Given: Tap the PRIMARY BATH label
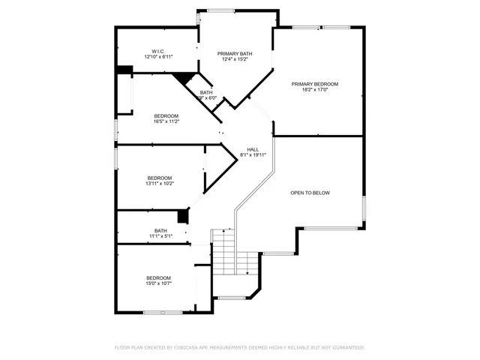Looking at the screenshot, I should (235, 53).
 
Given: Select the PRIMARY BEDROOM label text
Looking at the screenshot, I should (315, 84).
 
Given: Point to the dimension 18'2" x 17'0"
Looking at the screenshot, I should (315, 90).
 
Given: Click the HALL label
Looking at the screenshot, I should (253, 149).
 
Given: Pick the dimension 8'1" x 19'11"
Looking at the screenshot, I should (253, 155).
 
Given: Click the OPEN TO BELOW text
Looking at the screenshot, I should (310, 193).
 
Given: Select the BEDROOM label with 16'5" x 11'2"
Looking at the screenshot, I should (166, 115).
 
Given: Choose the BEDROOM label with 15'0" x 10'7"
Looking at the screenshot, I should (158, 277).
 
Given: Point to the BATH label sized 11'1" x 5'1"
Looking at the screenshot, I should (160, 230).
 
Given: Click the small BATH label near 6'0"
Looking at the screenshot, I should (205, 92).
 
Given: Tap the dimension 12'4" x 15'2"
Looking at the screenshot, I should (235, 59).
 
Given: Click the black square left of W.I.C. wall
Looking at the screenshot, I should (124, 70).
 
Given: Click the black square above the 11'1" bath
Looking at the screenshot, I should (181, 216).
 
